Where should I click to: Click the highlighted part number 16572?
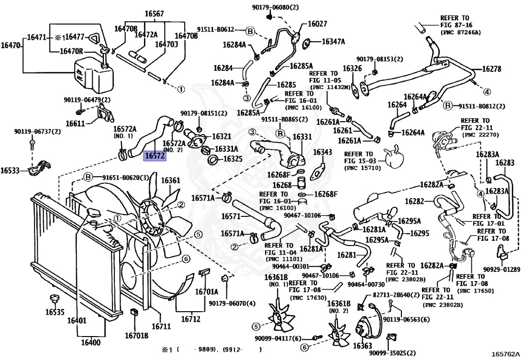[155, 156]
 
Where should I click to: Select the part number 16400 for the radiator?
[91, 342]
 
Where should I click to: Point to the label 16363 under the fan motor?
[362, 346]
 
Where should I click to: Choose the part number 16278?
[491, 69]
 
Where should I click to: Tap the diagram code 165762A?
[505, 354]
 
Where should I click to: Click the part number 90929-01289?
[501, 269]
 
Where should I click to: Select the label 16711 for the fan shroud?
[161, 326]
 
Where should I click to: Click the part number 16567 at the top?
[154, 14]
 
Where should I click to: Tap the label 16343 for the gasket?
[322, 152]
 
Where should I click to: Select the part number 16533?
[10, 170]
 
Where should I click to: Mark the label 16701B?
[136, 336]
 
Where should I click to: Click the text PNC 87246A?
[460, 32]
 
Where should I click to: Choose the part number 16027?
[317, 23]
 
